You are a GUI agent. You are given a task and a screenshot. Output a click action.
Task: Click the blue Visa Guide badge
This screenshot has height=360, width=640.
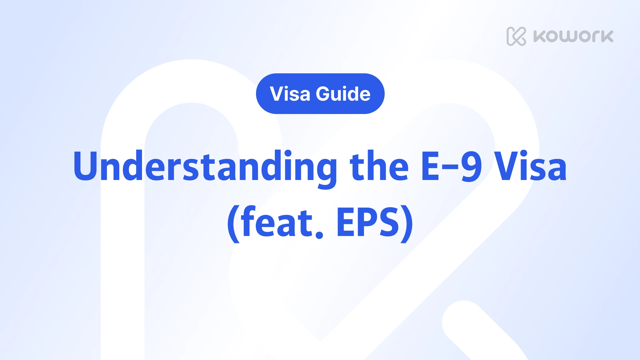pos(320,94)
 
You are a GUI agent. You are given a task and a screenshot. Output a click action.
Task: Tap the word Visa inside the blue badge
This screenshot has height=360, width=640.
pos(290,94)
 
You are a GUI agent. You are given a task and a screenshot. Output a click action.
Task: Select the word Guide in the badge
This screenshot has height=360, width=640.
pos(343,94)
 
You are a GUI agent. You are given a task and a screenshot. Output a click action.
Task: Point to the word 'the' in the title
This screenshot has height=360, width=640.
pos(379,166)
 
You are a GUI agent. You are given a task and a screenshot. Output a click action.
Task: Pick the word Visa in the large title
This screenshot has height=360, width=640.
pos(530,166)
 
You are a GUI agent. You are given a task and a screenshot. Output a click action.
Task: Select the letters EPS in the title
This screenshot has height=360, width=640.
pos(368,222)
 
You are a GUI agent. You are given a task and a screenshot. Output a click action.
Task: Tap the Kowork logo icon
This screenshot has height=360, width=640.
pos(516,36)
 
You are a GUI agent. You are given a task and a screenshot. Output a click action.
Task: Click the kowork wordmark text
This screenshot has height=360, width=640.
pos(573,36)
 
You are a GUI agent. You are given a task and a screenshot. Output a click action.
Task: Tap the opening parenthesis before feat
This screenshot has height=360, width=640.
pos(233,223)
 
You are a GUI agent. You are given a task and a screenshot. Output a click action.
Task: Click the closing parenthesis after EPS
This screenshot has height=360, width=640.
pos(407,223)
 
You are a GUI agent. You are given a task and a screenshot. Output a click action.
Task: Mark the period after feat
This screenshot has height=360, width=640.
pos(319,234)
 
